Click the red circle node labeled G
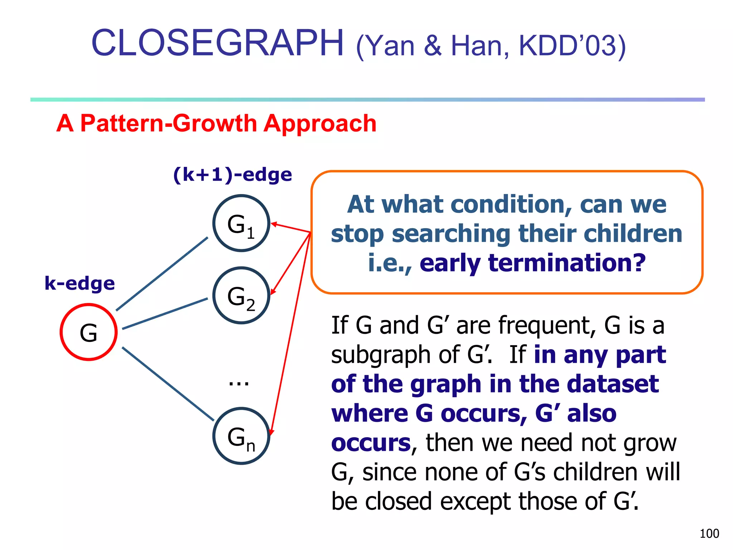pos(88,332)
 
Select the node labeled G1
pos(241,223)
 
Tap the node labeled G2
pos(241,295)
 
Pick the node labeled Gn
pos(241,436)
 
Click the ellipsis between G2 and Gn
pos(239,383)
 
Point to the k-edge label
pos(79,284)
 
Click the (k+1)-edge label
pos(232,175)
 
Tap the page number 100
pos(709,534)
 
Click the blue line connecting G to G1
pos(162,274)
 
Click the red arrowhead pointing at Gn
pos(271,432)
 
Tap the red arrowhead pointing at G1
pos(274,224)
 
